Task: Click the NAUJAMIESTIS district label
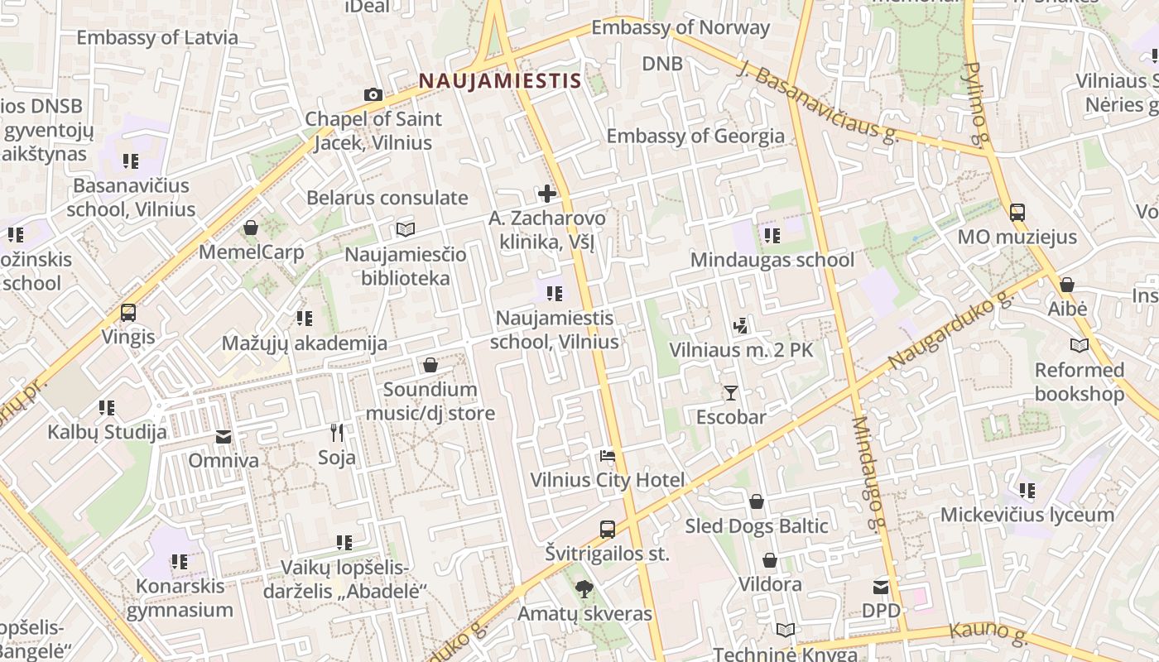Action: (499, 81)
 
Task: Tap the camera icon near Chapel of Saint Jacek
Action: (373, 95)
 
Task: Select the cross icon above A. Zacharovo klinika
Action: (546, 194)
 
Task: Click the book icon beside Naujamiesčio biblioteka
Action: (405, 229)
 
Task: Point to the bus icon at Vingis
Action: (128, 313)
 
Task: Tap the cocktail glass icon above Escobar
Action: (730, 392)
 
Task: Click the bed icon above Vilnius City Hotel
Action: (607, 456)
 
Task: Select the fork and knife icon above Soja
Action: (336, 433)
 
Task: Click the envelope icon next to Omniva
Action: (224, 436)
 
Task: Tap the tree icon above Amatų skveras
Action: (584, 589)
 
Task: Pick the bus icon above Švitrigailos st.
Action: (607, 530)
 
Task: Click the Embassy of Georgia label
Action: (695, 136)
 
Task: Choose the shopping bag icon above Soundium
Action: (430, 365)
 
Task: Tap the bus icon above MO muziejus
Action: (1017, 213)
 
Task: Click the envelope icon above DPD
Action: (880, 587)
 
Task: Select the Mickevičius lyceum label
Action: (1027, 515)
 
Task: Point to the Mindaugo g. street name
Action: (868, 473)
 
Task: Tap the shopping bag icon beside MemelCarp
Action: (251, 228)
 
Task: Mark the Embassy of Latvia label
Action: (157, 37)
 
